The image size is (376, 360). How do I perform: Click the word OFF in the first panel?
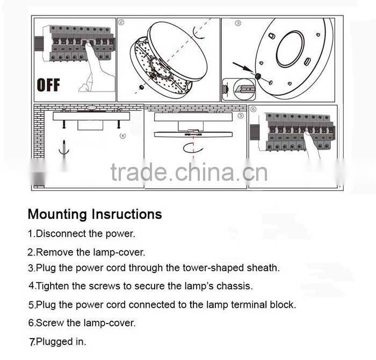click(x=48, y=85)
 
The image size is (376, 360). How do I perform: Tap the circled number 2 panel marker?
click(x=121, y=23)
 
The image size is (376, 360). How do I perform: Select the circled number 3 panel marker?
click(x=238, y=24)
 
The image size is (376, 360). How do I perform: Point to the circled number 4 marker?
click(x=122, y=136)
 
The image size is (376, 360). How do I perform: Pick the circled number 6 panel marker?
click(x=254, y=109)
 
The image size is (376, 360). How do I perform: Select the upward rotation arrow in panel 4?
click(x=64, y=148)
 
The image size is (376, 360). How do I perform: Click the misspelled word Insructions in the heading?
click(x=127, y=215)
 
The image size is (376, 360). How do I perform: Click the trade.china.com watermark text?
click(x=189, y=173)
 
